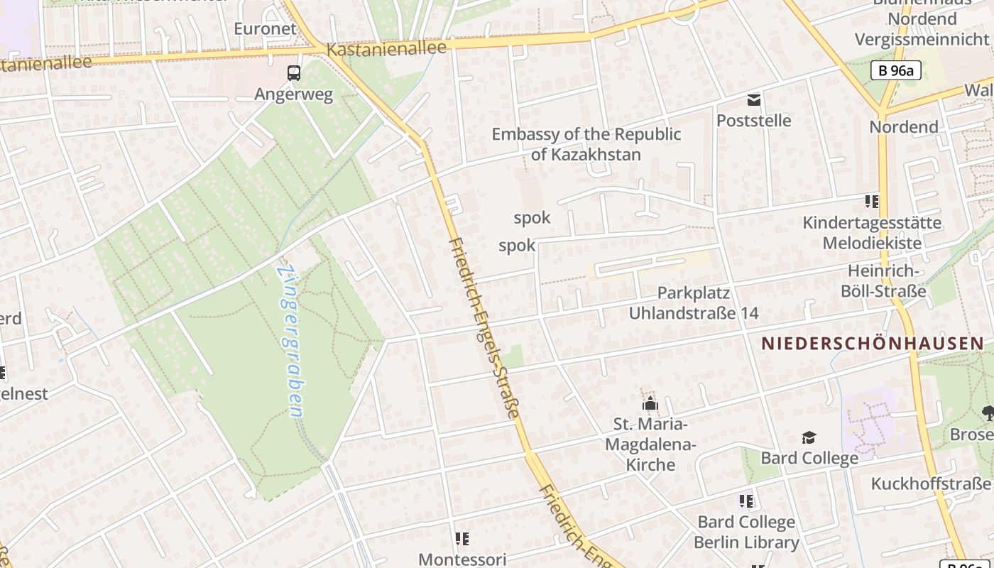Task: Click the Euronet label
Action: [x=265, y=28]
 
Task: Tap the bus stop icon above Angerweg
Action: [x=293, y=72]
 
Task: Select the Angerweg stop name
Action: [x=293, y=94]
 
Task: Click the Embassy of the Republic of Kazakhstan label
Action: [x=586, y=144]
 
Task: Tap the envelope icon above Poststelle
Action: [x=753, y=100]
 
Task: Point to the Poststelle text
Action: [x=753, y=121]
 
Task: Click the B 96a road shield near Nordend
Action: [x=895, y=70]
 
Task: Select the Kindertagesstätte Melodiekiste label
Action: [x=872, y=233]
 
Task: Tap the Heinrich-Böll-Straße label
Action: [x=883, y=281]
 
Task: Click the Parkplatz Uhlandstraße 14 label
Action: [x=694, y=303]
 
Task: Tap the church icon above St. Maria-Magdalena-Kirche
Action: [x=650, y=405]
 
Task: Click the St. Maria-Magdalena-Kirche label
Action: [x=650, y=444]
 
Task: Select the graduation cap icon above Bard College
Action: [x=809, y=437]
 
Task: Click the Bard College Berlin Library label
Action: [x=746, y=532]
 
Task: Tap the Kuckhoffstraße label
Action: [x=930, y=484]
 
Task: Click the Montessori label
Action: [x=462, y=559]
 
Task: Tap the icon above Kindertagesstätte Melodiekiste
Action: [x=871, y=202]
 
